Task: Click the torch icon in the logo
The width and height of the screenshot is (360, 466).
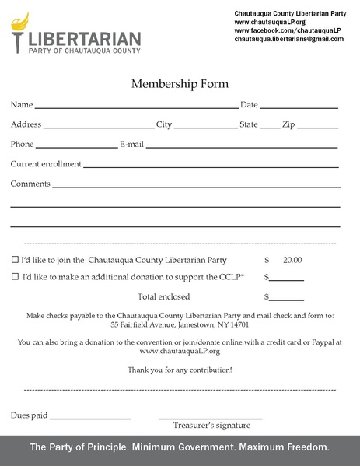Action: pos(19,30)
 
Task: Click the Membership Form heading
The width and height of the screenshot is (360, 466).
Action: pos(180,83)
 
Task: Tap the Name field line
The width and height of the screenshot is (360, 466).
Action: pos(136,107)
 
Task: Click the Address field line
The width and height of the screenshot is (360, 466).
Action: pos(99,127)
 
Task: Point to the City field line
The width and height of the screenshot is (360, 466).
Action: pos(205,127)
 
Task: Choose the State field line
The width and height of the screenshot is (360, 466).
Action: pos(270,127)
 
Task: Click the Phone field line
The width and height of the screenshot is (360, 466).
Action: pos(76,147)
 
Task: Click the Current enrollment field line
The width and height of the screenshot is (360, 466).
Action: pos(211,166)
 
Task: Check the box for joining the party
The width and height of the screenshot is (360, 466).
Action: pos(15,260)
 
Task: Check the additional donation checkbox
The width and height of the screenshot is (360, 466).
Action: pos(15,277)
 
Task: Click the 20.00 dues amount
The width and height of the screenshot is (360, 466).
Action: pos(292,260)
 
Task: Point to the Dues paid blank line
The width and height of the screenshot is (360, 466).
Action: pos(90,419)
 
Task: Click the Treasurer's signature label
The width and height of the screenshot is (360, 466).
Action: pos(211,426)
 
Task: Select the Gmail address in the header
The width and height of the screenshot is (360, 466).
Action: pos(288,39)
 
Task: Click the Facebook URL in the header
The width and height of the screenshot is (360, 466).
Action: pos(288,30)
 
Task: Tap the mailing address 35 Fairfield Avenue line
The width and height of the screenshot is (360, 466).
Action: pos(180,324)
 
